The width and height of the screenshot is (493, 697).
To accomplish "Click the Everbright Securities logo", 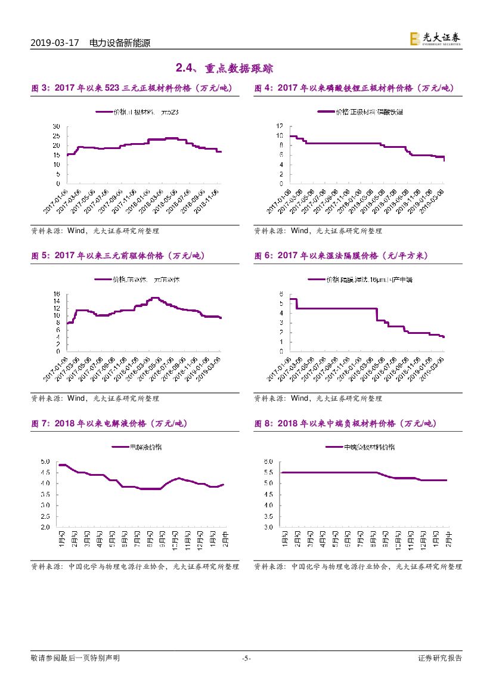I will point(435,39).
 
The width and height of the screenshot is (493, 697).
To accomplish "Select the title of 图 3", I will point(131,88).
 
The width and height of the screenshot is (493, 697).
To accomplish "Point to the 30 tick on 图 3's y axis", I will point(57,126).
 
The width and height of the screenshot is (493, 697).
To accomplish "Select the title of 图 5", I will point(117,256).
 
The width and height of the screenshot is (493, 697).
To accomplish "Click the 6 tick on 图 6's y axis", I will point(280,294).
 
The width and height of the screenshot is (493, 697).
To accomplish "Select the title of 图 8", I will point(345,423).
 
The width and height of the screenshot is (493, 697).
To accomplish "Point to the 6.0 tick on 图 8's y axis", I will point(268,461).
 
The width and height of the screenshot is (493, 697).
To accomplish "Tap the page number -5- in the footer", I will point(246,658).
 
